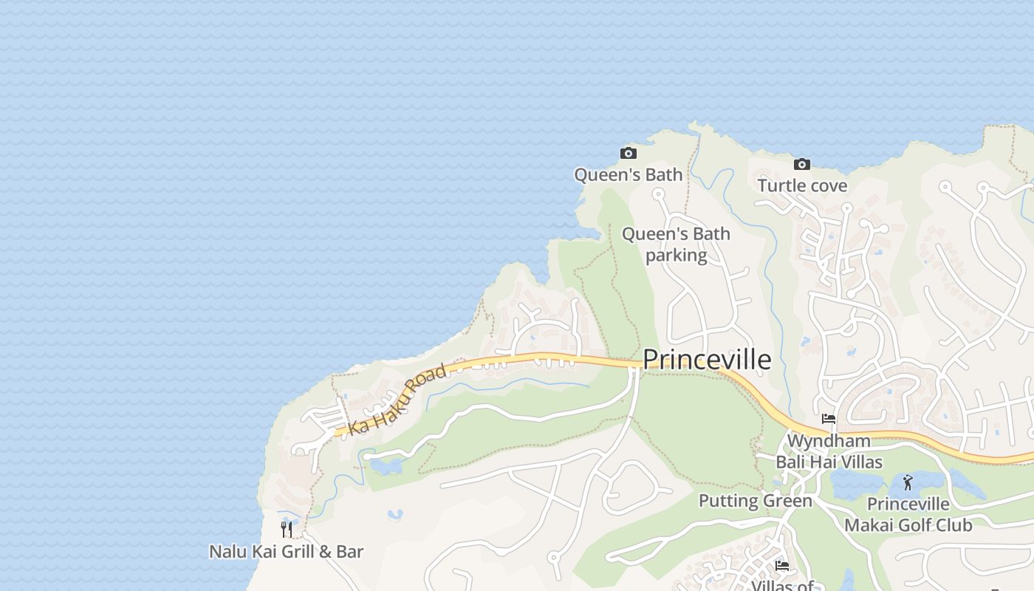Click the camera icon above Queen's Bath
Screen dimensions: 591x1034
click(x=629, y=153)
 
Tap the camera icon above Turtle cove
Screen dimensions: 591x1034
click(x=801, y=164)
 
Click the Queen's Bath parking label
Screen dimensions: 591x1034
click(x=676, y=245)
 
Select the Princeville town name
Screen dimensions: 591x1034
click(x=707, y=360)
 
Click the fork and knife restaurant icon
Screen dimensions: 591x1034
click(x=287, y=529)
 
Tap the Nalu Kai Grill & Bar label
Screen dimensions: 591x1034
click(x=287, y=551)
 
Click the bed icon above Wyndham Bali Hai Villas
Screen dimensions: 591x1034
click(x=829, y=419)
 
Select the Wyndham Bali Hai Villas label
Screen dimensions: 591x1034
click(x=829, y=451)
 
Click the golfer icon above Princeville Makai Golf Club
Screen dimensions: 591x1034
click(x=908, y=482)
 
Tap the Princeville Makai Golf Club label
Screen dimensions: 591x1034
click(x=908, y=514)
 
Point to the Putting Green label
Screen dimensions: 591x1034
click(x=755, y=501)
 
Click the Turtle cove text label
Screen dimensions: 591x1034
click(x=802, y=185)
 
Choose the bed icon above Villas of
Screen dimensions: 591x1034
click(x=782, y=566)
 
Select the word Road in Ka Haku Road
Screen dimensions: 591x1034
click(x=426, y=380)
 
